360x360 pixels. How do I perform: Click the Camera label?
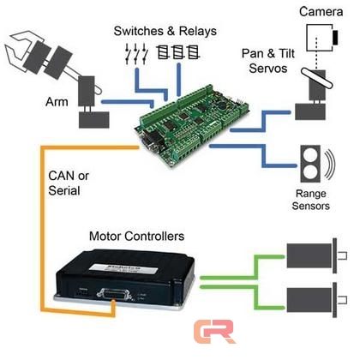click(x=321, y=12)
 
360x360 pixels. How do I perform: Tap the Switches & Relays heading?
click(x=165, y=31)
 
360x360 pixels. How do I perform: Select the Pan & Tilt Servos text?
click(x=268, y=61)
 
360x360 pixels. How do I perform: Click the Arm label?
click(x=57, y=102)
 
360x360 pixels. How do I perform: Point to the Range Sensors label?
click(x=311, y=200)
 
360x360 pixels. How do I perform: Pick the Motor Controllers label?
click(x=137, y=237)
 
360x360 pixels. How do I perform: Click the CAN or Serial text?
click(x=69, y=183)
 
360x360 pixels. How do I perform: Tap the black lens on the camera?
click(x=335, y=38)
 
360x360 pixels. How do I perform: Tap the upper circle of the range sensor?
click(x=310, y=156)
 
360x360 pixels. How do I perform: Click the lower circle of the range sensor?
click(x=310, y=172)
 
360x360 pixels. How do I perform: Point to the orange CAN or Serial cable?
click(x=42, y=229)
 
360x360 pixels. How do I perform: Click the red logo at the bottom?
click(x=214, y=332)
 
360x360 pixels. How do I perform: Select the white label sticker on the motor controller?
click(x=123, y=268)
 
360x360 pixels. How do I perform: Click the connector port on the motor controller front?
click(x=114, y=294)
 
